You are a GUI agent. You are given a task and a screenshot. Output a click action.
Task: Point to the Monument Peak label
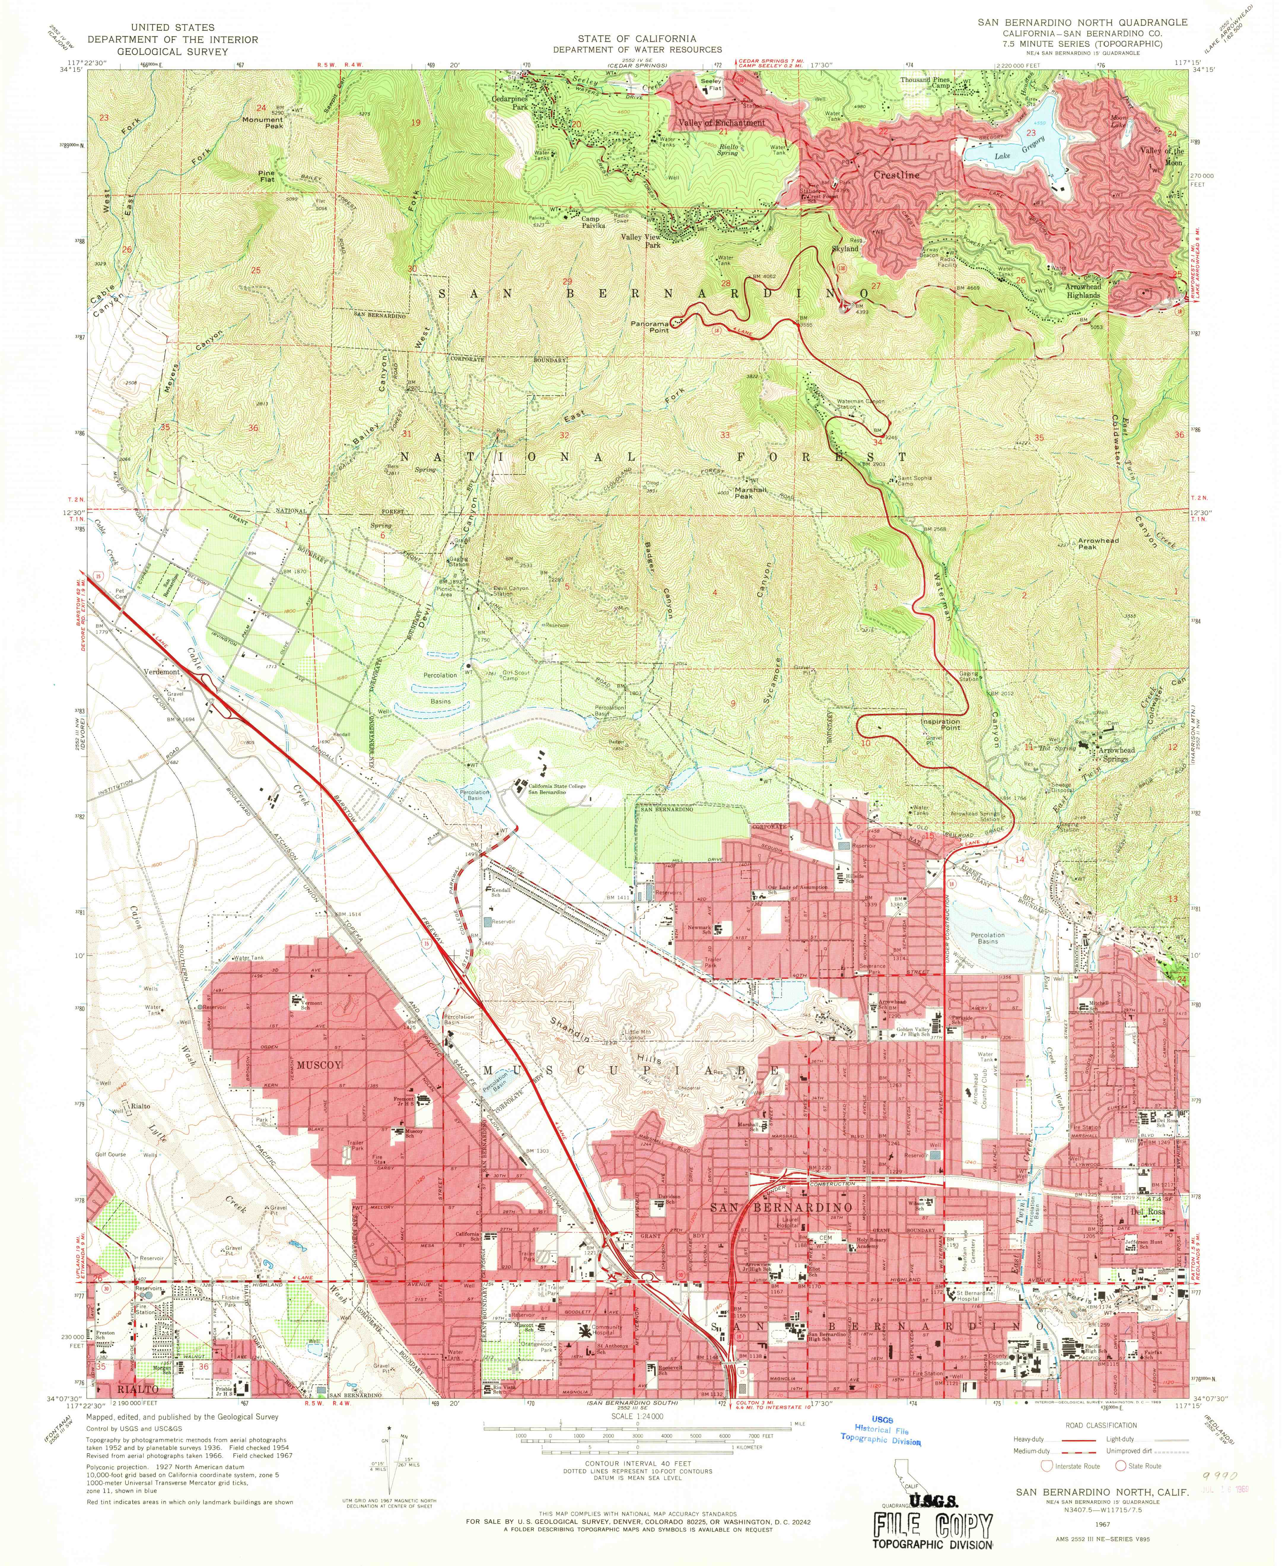263,123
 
